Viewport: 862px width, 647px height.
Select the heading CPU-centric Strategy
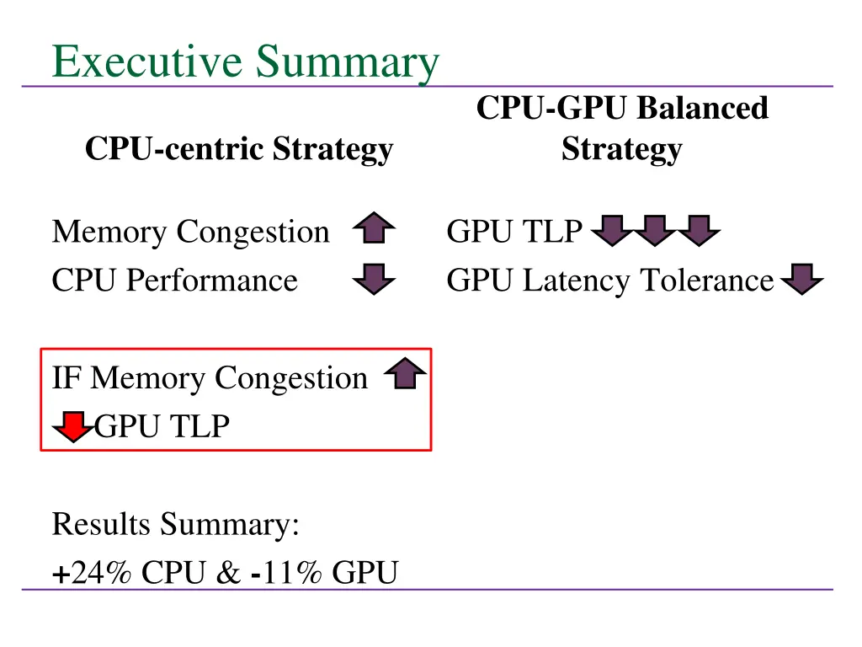[x=239, y=149]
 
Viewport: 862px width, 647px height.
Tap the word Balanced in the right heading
[x=702, y=109]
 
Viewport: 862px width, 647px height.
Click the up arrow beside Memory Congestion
[x=374, y=229]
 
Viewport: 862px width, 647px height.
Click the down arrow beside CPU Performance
[x=374, y=279]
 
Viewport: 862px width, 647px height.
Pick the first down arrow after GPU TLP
[x=614, y=230]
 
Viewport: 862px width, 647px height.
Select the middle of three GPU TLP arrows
[x=656, y=230]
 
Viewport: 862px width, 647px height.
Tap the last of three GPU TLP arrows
[x=698, y=230]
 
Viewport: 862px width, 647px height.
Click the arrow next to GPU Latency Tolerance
[x=802, y=279]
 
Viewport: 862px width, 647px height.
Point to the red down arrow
[x=73, y=426]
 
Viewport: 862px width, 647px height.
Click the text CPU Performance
[x=175, y=281]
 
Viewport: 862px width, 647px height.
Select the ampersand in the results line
[x=227, y=573]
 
